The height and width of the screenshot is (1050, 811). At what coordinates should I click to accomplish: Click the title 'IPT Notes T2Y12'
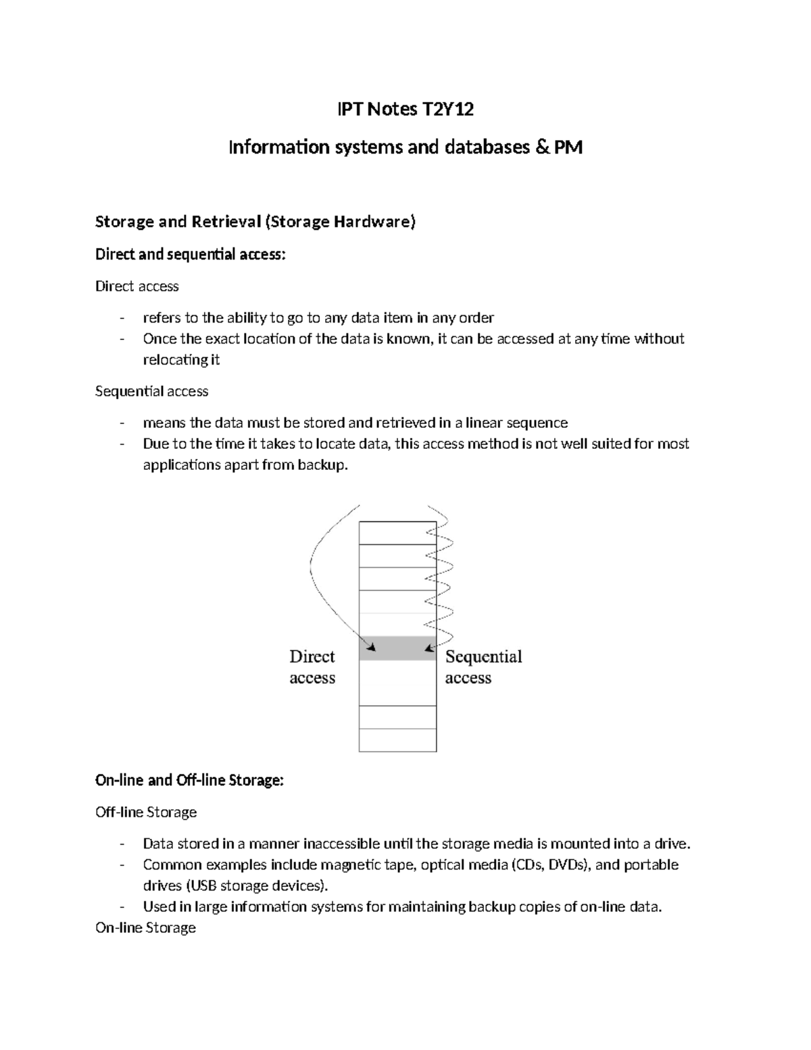click(x=405, y=109)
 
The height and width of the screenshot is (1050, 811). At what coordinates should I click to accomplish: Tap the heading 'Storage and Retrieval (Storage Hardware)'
click(x=255, y=222)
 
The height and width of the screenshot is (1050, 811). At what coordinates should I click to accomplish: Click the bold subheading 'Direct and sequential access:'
click(x=191, y=254)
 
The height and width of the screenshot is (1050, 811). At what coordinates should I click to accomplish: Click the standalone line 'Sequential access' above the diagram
click(x=151, y=391)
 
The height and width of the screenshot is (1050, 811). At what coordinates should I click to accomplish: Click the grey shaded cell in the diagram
click(x=397, y=648)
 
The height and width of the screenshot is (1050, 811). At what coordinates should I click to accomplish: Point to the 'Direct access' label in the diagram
click(x=312, y=667)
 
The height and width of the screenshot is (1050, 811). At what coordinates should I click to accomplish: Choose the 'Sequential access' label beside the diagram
click(x=483, y=667)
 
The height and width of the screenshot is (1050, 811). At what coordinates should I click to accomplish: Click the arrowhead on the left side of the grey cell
click(x=370, y=646)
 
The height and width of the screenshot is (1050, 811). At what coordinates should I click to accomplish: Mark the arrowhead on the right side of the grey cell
click(x=428, y=648)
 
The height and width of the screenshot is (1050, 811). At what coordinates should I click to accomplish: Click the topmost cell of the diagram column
click(x=397, y=533)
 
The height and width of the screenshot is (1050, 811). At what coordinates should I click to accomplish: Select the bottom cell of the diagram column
click(x=397, y=740)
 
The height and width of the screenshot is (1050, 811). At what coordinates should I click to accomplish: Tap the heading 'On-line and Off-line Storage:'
click(x=189, y=780)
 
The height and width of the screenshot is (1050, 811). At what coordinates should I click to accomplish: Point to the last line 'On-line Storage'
click(x=145, y=928)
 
